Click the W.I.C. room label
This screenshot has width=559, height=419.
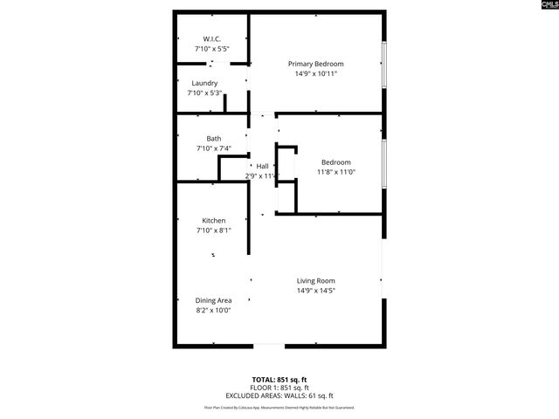[211, 39]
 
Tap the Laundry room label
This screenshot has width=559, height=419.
[204, 84]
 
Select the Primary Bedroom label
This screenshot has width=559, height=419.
[316, 64]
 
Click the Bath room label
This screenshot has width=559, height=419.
[213, 139]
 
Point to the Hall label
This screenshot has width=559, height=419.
[262, 166]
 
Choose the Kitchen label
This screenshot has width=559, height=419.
[214, 221]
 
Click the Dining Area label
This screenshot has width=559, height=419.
[213, 300]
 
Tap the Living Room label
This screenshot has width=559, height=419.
[316, 280]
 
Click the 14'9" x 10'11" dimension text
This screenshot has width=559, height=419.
[316, 73]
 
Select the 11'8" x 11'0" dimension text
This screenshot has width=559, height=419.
[335, 172]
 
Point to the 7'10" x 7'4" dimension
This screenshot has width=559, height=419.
[213, 148]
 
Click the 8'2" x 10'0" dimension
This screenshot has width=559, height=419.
[213, 310]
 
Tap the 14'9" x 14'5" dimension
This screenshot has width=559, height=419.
[316, 290]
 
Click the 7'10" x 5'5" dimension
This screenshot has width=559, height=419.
[211, 49]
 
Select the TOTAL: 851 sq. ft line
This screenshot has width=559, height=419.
[279, 380]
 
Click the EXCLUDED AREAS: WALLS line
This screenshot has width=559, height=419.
[279, 395]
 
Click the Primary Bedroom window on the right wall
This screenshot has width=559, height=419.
[383, 62]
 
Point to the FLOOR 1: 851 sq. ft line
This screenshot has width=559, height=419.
[279, 388]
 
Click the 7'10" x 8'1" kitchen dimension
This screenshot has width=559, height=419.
[214, 230]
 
